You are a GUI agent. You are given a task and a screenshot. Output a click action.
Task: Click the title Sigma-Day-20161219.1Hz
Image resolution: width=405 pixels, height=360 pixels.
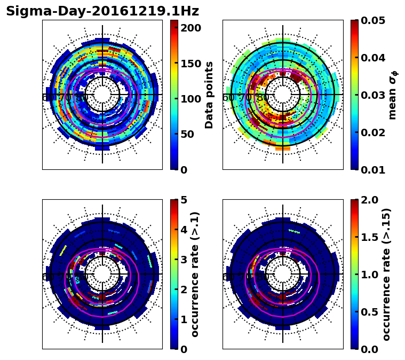[x=102, y=11]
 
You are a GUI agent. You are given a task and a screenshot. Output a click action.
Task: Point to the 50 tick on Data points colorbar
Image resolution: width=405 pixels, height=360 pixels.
[x=190, y=134]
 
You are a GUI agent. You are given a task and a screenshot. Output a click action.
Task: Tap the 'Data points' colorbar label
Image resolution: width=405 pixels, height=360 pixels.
[x=209, y=95]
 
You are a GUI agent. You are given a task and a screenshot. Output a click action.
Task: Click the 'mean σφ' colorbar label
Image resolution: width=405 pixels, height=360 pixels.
[x=392, y=95]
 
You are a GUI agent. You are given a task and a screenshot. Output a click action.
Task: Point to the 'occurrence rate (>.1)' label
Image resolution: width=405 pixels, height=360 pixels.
[x=195, y=274]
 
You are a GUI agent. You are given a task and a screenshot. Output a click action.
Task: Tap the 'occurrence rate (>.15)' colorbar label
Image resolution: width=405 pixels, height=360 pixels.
[x=386, y=274]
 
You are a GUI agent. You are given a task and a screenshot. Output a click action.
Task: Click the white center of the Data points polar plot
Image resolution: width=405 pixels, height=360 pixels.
[x=102, y=95]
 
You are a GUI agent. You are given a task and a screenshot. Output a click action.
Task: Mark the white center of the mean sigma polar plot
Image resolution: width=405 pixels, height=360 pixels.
[x=283, y=95]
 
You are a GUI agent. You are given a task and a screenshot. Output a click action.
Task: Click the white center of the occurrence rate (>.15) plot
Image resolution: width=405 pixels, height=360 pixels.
[x=283, y=274]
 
